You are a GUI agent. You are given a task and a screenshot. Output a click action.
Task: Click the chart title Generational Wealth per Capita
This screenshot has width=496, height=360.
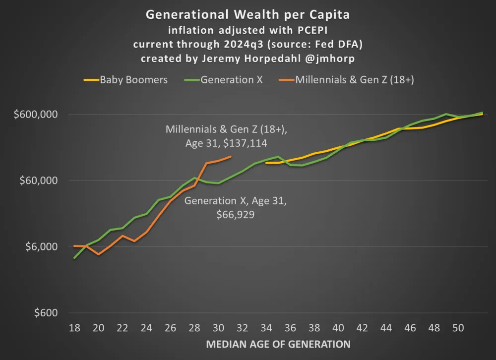pyautogui.click(x=248, y=14)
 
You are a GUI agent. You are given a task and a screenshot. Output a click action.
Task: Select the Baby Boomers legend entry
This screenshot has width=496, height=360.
pyautogui.click(x=133, y=79)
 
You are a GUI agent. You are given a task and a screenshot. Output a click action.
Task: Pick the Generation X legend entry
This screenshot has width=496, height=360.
pyautogui.click(x=232, y=79)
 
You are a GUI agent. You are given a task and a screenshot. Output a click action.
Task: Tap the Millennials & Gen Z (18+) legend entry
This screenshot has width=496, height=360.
pyautogui.click(x=355, y=79)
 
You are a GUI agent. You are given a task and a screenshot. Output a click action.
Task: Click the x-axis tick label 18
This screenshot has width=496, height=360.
pyautogui.click(x=74, y=328)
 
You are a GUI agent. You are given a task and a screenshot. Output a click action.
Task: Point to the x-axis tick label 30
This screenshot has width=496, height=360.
pyautogui.click(x=219, y=328)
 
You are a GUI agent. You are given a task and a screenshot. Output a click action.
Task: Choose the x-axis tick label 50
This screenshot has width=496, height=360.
pyautogui.click(x=459, y=328)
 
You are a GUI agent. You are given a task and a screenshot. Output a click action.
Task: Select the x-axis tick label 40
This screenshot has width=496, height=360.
pyautogui.click(x=339, y=328)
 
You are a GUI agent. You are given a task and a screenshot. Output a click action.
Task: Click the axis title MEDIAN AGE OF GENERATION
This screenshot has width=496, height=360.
pyautogui.click(x=278, y=344)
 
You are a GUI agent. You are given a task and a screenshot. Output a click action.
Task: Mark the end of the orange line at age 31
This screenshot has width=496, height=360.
pyautogui.click(x=231, y=157)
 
